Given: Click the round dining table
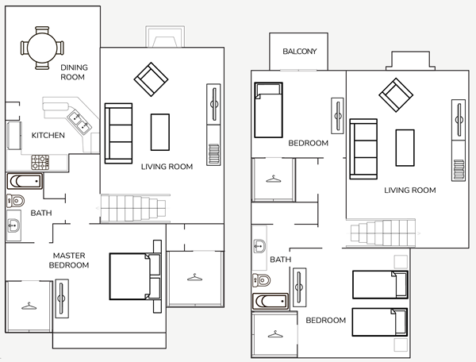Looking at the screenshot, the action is coord(42,48).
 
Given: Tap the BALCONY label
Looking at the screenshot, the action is coord(300,52).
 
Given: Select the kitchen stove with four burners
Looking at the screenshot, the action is coord(40,162).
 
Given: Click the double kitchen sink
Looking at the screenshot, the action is coord(79,122).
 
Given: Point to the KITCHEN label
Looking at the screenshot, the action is coord(48,135).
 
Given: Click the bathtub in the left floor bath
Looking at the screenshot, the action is coord(25,181).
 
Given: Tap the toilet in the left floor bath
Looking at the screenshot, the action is coord(16,201).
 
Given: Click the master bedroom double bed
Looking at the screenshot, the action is coord(136,276).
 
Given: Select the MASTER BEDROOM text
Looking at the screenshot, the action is coord(69,260).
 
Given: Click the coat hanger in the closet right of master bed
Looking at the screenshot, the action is coord(194,277).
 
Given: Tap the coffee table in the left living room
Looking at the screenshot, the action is coord(160,132).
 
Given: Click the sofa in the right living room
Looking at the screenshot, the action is coord(363,148).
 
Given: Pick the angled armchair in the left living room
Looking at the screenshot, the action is coord(151,79).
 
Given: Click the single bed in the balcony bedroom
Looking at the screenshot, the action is coord(268,110).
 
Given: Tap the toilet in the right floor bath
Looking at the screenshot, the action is coord(261,280).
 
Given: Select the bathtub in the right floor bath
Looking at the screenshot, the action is coord(271,301).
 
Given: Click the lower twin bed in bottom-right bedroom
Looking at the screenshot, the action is coord(380,322).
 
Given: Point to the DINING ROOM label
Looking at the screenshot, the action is coord(74,72).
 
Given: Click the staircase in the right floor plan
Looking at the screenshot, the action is coord(383,233).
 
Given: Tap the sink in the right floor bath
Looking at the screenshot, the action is coord(259,245).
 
